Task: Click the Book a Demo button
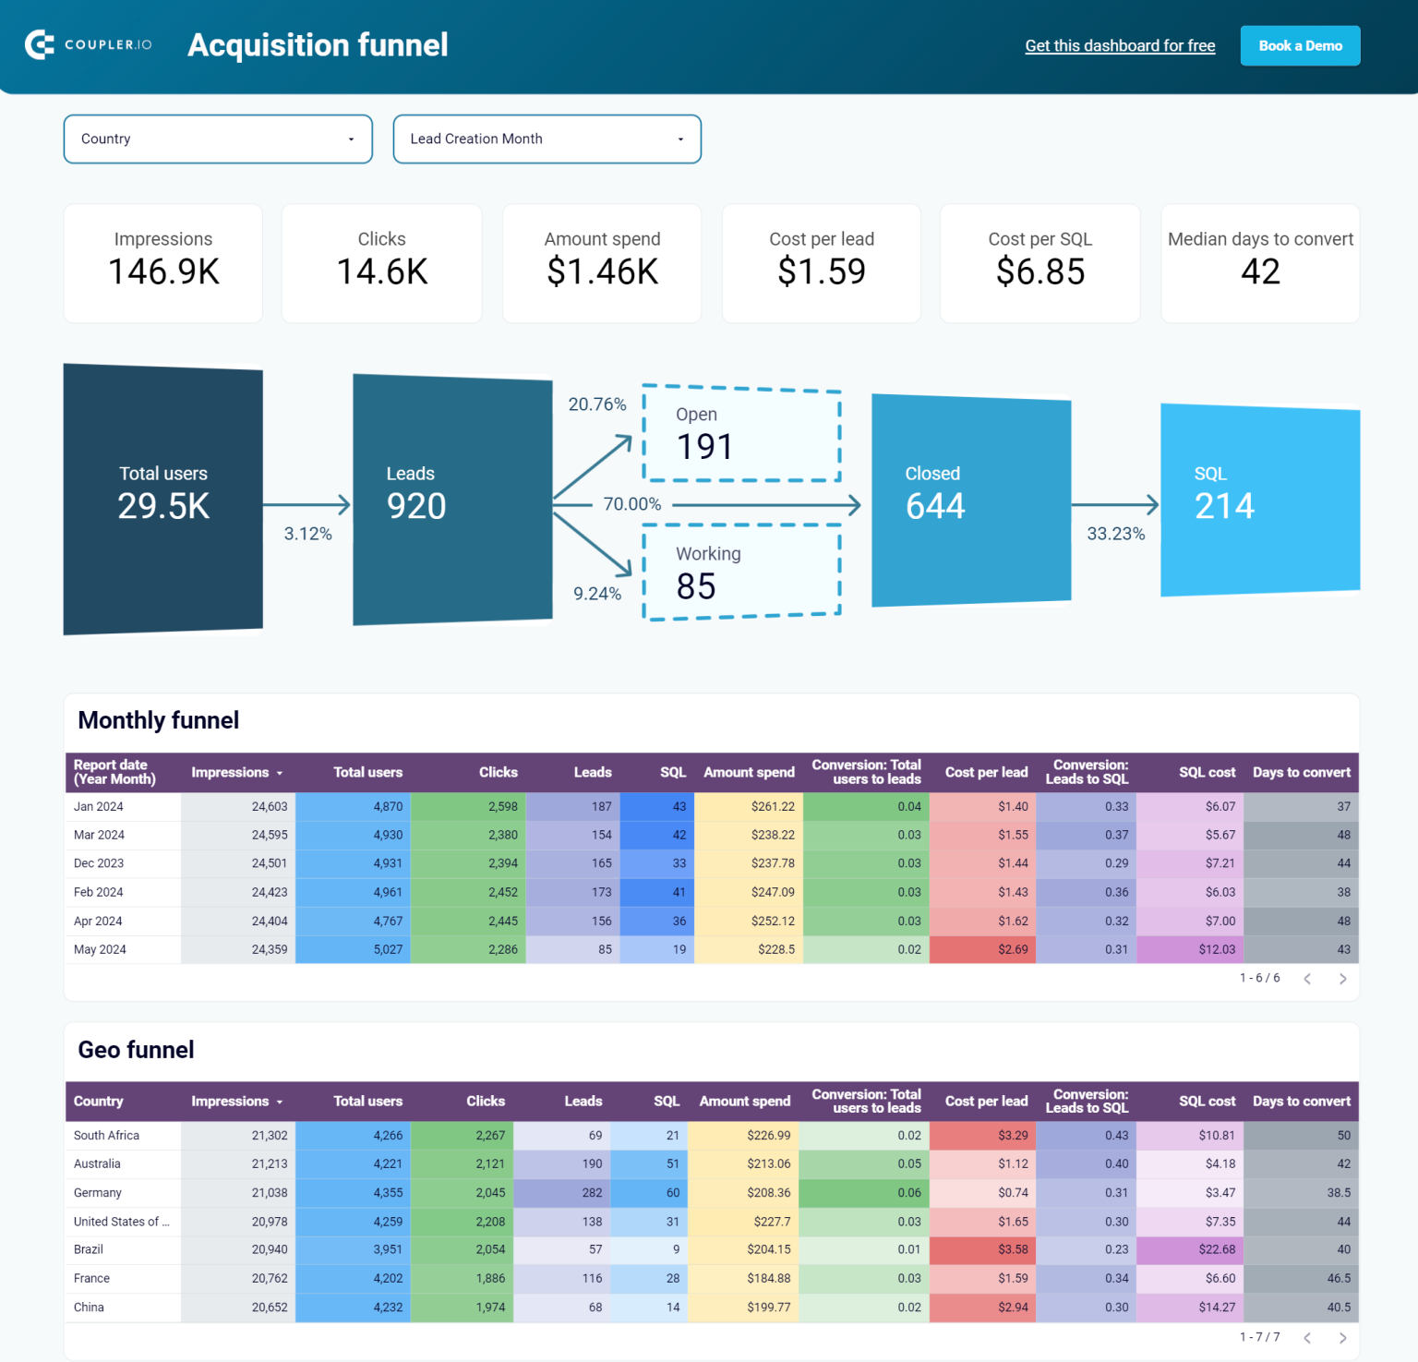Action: click(x=1300, y=46)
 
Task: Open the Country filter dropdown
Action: click(x=218, y=139)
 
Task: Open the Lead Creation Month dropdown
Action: click(x=547, y=139)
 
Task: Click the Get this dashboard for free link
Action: click(x=1120, y=46)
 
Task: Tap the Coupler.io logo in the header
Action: click(x=89, y=44)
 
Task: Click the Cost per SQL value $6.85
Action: click(x=1039, y=272)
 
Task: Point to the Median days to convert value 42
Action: click(x=1260, y=272)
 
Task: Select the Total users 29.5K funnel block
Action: click(x=163, y=499)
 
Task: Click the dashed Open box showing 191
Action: click(x=741, y=434)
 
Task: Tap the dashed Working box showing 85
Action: click(x=741, y=573)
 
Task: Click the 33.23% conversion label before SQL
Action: click(x=1115, y=534)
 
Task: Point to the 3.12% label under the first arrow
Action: click(x=307, y=534)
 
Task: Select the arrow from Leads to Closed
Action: click(x=766, y=505)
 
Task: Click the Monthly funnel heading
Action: click(x=159, y=720)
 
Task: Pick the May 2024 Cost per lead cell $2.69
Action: click(x=982, y=949)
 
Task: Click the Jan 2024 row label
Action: click(x=99, y=806)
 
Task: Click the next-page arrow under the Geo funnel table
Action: click(x=1342, y=1337)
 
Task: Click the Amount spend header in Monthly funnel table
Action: click(x=749, y=772)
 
